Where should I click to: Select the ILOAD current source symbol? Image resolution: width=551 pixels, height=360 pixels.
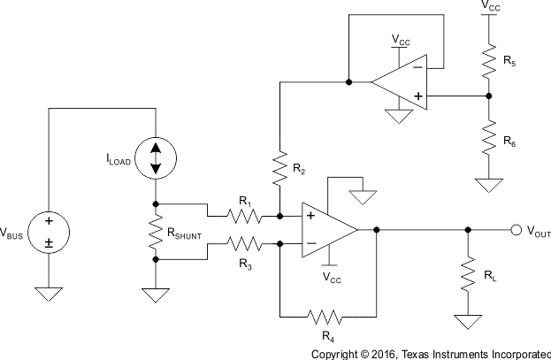click(156, 158)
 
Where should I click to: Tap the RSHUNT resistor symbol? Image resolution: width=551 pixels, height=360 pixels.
click(156, 232)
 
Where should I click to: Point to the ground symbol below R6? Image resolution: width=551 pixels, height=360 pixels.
click(486, 184)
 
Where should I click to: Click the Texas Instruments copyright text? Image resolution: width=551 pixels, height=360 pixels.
click(431, 353)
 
